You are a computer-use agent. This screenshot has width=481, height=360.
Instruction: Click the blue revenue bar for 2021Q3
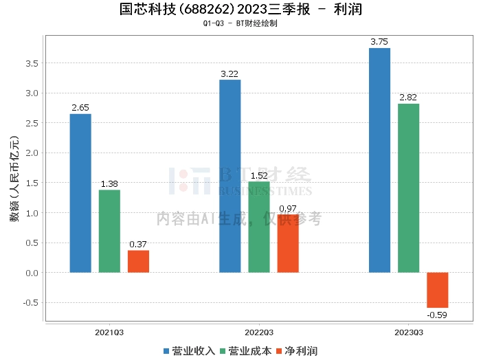coord(80,193)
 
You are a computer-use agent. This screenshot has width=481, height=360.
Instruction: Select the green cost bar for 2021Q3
coord(109,231)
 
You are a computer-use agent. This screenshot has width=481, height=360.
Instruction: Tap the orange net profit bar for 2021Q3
coord(138,261)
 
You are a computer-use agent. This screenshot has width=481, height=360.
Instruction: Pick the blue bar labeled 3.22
coord(230,176)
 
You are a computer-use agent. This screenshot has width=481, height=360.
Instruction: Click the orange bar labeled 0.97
coord(288,243)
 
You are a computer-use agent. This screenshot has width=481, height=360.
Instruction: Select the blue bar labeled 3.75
coord(379,160)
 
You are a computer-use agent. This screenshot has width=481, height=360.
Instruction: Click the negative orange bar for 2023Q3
coord(437,290)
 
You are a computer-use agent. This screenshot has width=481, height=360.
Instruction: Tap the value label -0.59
coord(437,315)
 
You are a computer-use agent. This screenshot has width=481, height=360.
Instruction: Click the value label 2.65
coord(80,108)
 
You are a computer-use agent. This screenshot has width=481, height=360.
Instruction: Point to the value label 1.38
coord(109,184)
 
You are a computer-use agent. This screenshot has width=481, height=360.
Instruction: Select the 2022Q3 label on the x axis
coord(258,332)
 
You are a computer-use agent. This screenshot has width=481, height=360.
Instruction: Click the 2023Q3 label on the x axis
coord(408,332)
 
